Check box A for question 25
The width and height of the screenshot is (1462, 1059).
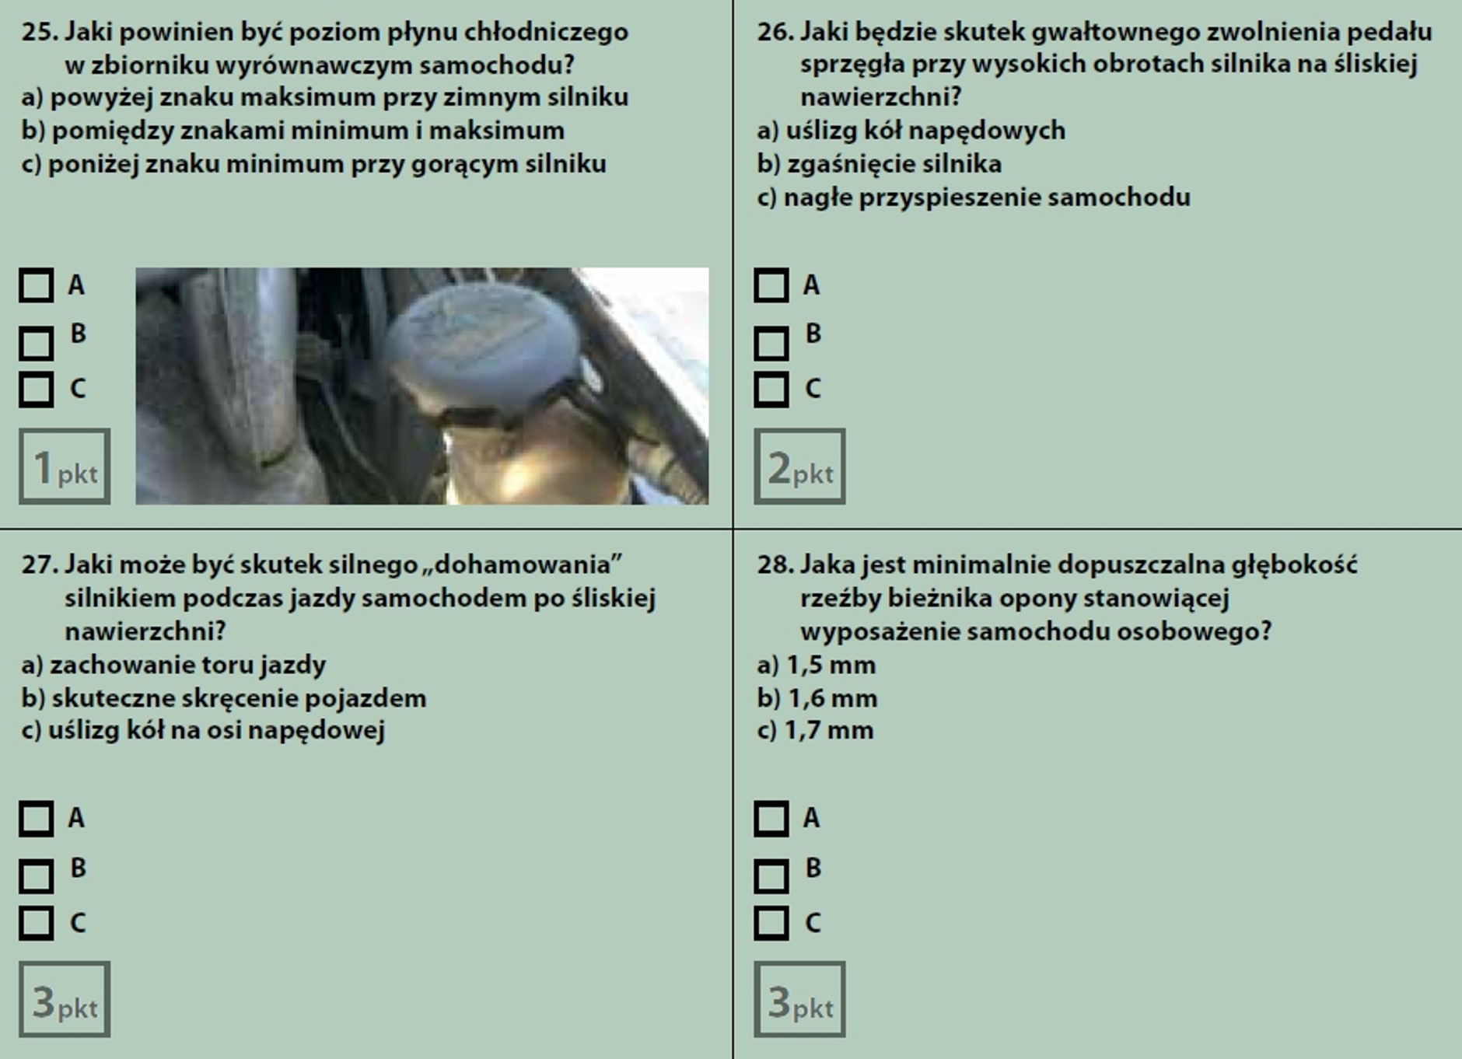[37, 285]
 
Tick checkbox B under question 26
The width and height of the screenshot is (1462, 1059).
[771, 343]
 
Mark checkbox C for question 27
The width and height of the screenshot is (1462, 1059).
[37, 923]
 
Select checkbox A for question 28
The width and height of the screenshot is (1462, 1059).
[771, 819]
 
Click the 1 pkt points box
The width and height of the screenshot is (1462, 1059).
[65, 467]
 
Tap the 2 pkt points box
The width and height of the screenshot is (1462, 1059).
[799, 467]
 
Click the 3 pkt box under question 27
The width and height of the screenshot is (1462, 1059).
[65, 1000]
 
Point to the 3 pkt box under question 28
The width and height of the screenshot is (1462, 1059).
[799, 1000]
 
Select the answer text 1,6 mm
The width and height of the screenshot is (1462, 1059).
[832, 698]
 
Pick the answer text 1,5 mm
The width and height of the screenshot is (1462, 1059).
[831, 666]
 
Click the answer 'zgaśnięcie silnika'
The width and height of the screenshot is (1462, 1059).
[894, 164]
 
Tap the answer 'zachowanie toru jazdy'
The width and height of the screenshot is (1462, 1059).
[187, 666]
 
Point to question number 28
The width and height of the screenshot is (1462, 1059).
[775, 564]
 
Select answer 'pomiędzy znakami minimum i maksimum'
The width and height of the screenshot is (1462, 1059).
[307, 131]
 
